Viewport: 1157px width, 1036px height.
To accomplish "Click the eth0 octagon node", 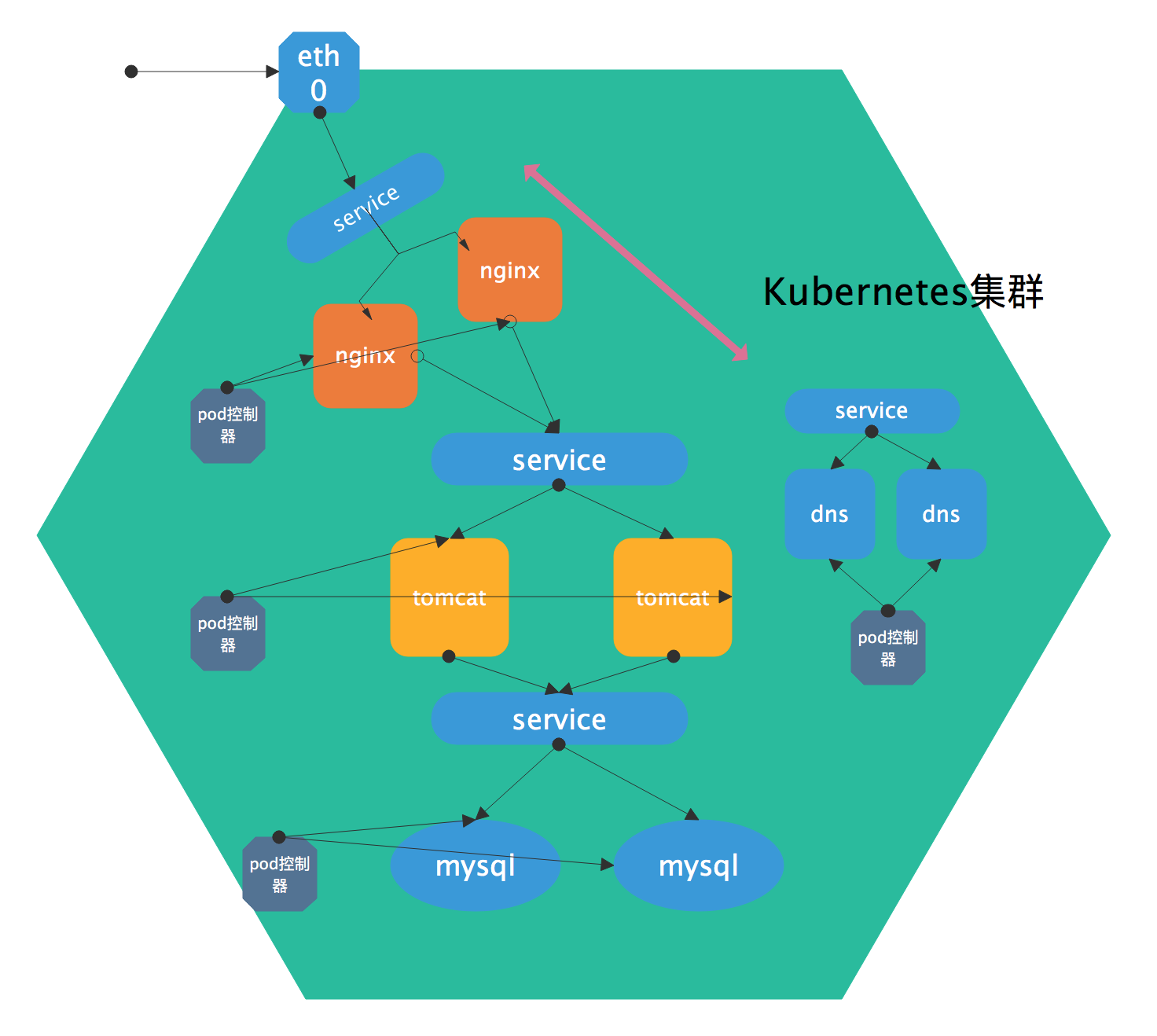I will [x=319, y=72].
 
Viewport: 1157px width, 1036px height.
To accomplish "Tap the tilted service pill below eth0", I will [x=365, y=208].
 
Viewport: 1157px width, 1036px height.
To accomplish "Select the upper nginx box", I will [x=510, y=270].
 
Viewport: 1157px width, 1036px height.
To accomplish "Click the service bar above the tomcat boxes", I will [x=559, y=459].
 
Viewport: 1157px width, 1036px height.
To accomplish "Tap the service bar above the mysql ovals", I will [x=559, y=718].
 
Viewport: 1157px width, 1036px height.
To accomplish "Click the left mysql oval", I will [x=475, y=865].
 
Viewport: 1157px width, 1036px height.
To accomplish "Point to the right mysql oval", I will [x=698, y=865].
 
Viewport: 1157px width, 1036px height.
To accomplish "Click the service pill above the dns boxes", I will [x=872, y=410].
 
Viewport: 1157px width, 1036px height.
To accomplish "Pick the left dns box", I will [x=829, y=514].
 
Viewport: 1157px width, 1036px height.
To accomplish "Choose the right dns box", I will [x=941, y=514].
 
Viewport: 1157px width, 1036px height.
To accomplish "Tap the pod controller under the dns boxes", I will [x=888, y=648].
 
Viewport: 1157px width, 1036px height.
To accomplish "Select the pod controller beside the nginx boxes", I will [x=228, y=425].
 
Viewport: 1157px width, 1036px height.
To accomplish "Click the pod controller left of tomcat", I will [x=228, y=634].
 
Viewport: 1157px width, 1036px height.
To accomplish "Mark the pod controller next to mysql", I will [x=280, y=874].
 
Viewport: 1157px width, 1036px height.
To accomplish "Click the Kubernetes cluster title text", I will [x=902, y=292].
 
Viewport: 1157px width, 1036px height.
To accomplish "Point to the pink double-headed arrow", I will [x=635, y=262].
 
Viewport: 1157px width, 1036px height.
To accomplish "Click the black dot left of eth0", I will [x=131, y=72].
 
